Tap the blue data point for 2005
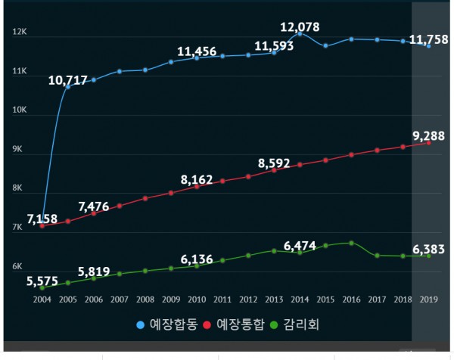68,86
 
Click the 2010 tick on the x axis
197,299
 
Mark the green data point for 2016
351,243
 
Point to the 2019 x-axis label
428,299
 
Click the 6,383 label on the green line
428,250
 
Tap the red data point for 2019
428,142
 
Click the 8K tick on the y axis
20,188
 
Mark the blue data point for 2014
300,33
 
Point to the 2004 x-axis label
42,299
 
